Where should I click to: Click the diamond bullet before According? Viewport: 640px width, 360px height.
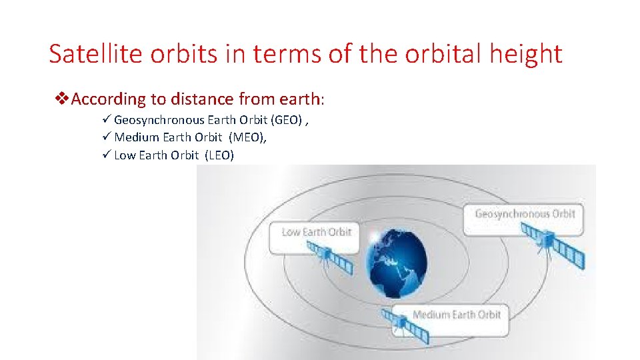(x=61, y=99)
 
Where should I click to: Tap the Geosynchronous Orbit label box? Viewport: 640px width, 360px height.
(x=524, y=215)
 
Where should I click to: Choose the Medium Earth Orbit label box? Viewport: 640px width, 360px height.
(x=456, y=315)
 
